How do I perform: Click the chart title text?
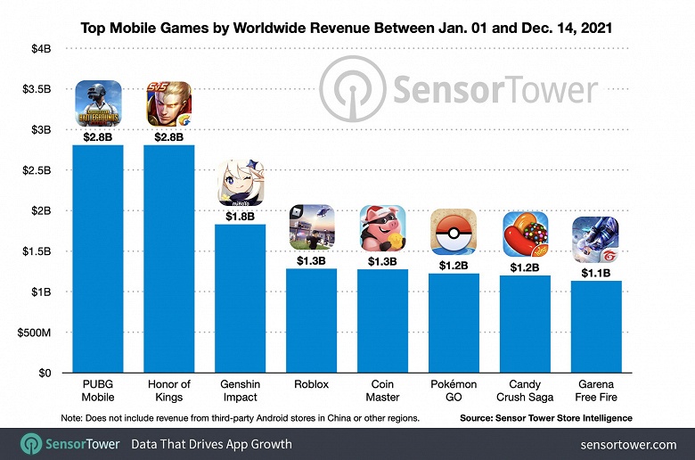pos(347,28)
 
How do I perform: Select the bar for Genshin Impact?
pos(240,299)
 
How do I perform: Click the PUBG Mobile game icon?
pos(97,103)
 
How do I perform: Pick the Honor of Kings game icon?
pos(168,103)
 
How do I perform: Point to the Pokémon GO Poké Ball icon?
pos(454,232)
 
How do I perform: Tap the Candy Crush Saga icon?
pos(525,234)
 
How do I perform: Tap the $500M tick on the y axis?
pos(35,333)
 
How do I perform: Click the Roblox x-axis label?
pos(311,384)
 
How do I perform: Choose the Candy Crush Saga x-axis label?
pos(525,390)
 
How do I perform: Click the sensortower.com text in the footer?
pos(628,444)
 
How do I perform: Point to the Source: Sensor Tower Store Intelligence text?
pos(546,417)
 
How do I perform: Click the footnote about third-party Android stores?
pos(240,417)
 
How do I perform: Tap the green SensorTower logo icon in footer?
pos(33,444)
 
